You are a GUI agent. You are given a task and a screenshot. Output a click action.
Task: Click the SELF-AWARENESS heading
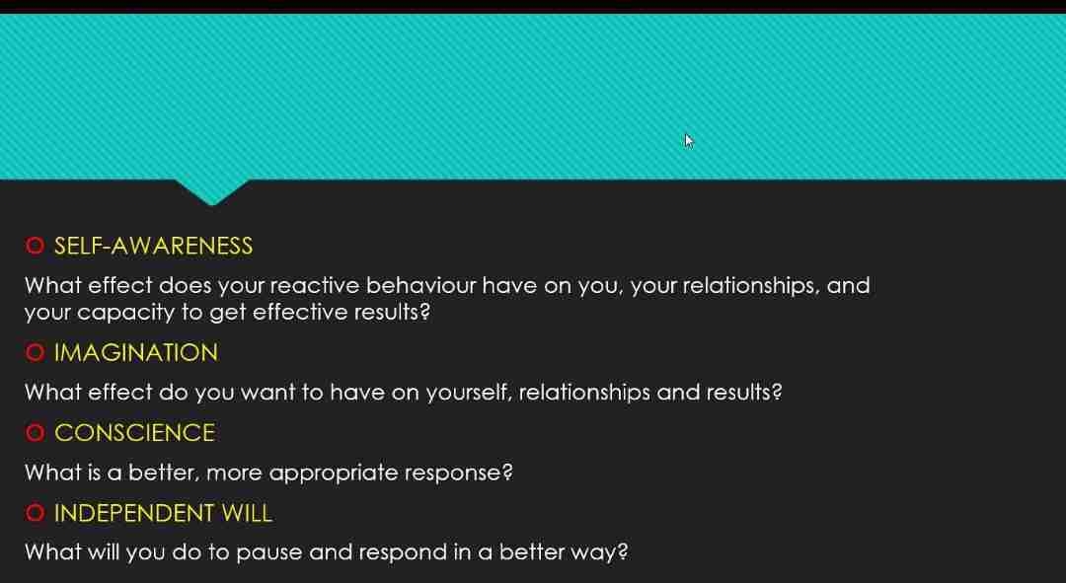tap(153, 246)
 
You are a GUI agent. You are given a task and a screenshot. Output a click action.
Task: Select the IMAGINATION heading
tap(136, 352)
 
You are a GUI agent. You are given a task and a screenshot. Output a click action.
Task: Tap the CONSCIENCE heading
tap(134, 433)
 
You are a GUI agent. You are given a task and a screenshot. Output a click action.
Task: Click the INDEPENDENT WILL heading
tap(163, 513)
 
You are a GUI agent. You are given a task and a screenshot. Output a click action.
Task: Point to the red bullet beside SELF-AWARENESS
tap(35, 246)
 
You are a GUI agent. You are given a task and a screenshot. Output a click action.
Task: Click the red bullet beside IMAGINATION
tap(35, 352)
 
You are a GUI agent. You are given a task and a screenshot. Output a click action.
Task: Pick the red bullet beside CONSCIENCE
tap(35, 433)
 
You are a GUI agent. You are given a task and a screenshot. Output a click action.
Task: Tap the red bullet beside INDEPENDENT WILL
tap(35, 513)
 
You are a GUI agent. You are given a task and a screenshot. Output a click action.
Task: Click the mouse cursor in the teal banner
tap(689, 141)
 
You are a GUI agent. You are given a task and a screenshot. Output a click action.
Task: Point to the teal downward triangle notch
tap(212, 190)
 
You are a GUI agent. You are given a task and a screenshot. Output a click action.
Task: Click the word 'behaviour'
tap(421, 285)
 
